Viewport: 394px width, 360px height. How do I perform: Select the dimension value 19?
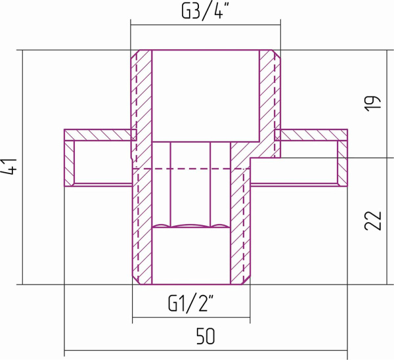[372, 104]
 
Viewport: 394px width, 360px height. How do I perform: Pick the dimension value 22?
[372, 221]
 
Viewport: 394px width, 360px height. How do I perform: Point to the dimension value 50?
[206, 336]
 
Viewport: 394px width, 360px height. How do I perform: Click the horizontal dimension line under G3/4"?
[206, 25]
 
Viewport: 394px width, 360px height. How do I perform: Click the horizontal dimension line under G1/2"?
[191, 317]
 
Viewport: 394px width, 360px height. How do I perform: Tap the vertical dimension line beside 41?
[23, 167]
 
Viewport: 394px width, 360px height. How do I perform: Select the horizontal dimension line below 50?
[206, 350]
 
